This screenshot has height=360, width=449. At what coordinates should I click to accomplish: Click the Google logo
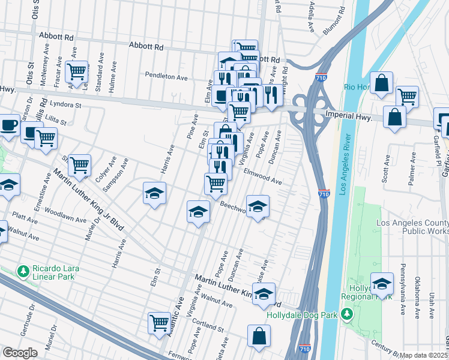(x=20, y=353)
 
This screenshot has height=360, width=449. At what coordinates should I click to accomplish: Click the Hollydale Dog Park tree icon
(x=347, y=314)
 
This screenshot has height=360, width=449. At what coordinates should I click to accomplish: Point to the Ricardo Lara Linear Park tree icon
(x=23, y=272)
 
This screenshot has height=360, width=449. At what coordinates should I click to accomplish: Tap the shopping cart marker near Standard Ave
(x=77, y=72)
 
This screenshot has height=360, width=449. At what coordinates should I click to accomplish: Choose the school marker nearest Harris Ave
(x=154, y=193)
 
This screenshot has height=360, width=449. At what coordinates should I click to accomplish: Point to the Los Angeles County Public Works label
(x=411, y=226)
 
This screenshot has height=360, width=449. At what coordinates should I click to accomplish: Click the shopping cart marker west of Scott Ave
(x=407, y=95)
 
